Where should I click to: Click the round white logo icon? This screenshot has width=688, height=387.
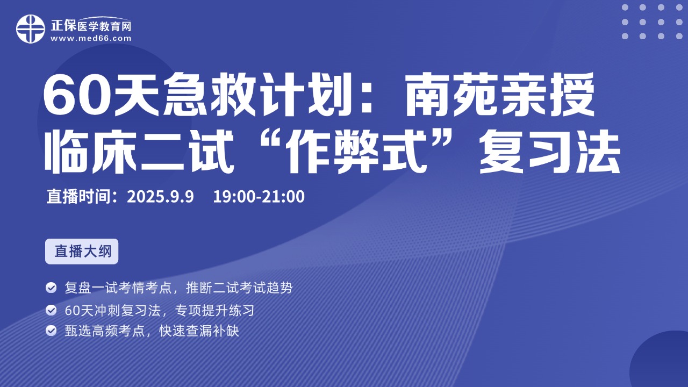[x=31, y=29]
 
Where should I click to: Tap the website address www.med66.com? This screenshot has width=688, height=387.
[x=91, y=38]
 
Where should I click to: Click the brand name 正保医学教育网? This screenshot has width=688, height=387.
[x=91, y=25]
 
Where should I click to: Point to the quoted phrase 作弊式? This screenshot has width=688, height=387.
[x=356, y=152]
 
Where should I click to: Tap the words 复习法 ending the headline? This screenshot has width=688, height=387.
[x=549, y=152]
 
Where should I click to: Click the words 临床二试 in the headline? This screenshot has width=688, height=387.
[x=139, y=152]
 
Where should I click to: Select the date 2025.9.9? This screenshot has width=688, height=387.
[x=160, y=196]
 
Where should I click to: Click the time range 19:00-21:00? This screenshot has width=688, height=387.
[x=259, y=196]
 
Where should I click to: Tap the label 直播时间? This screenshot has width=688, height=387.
[x=78, y=196]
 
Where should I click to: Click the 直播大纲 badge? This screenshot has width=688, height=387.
[x=82, y=251]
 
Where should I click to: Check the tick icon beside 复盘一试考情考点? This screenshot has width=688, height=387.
[x=51, y=288]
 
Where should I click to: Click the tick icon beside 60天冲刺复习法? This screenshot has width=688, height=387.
[x=51, y=310]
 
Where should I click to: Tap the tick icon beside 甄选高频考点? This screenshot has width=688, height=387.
[x=51, y=331]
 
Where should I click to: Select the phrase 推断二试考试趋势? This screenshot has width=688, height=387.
[x=239, y=288]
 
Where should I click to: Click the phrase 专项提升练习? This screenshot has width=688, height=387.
[x=214, y=310]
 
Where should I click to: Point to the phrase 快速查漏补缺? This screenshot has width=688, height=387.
[x=199, y=331]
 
